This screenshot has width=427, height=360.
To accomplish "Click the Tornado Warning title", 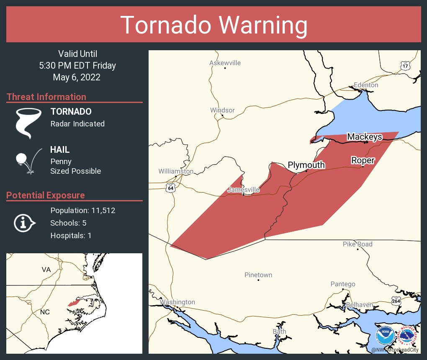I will click(x=213, y=25).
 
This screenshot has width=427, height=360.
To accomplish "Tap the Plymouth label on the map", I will click(x=306, y=165).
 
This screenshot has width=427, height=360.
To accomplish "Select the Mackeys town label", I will click(x=364, y=137).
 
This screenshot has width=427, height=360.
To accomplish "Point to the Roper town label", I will click(x=363, y=160).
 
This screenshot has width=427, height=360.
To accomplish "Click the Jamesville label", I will click(x=243, y=190).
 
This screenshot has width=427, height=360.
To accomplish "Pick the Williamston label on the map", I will click(x=176, y=171).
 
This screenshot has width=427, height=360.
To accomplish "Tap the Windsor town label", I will click(x=222, y=110).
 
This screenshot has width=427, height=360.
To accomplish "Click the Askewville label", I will click(x=225, y=63).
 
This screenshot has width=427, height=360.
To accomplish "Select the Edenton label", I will click(x=365, y=85).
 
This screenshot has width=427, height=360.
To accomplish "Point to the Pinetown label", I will click(x=258, y=275).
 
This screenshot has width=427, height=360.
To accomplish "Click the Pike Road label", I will click(x=358, y=244).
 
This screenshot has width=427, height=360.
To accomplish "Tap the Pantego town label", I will click(x=343, y=284).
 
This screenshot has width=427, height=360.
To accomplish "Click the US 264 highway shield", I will click(x=397, y=300).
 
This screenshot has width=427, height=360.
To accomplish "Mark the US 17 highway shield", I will click(x=405, y=66).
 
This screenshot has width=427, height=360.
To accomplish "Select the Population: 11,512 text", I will click(x=82, y=210).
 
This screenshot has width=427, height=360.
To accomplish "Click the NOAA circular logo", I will click(x=385, y=336).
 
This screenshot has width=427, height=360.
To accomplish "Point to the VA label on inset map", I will click(x=46, y=269).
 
